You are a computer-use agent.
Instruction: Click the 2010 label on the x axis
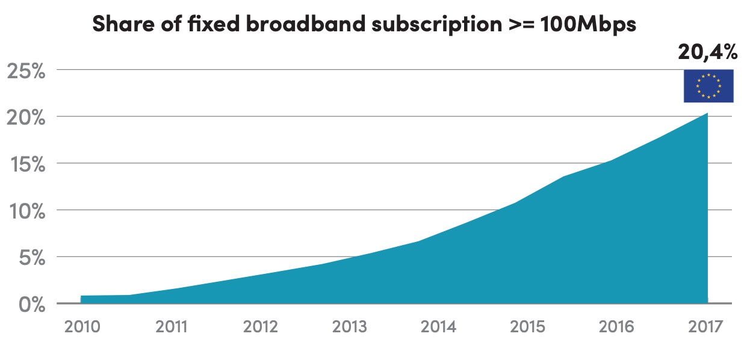[x=82, y=327]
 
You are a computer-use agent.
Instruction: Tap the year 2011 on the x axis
[x=172, y=327]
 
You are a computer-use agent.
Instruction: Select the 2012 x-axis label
[x=261, y=327]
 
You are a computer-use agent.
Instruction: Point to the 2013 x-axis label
[x=350, y=327]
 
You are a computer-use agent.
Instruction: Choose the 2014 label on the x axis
[x=439, y=327]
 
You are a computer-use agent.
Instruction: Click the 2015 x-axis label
[x=528, y=327]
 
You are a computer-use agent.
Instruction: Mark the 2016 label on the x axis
[x=617, y=327]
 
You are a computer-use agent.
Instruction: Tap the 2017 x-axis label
[x=706, y=327]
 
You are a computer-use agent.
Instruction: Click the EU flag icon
[x=708, y=85]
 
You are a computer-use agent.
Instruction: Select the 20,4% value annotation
[x=707, y=52]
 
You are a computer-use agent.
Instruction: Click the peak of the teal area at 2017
[x=707, y=114]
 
